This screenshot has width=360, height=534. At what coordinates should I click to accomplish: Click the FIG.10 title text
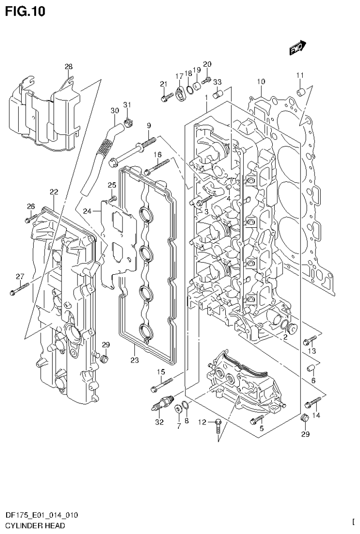pos(26,11)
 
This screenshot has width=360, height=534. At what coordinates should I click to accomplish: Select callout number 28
pos(69,67)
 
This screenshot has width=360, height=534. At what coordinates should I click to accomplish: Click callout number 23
pos(135,361)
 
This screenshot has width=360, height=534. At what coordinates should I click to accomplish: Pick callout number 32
pos(159,422)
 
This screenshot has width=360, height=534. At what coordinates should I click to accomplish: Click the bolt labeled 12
pos(217,426)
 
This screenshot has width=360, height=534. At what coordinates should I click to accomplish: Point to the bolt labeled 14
pos(312,402)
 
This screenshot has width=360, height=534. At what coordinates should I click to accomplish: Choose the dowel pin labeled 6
pos(310,367)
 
